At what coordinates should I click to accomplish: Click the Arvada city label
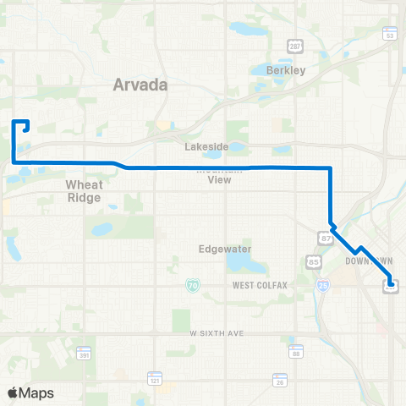point(140,85)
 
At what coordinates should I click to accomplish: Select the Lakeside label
point(207,146)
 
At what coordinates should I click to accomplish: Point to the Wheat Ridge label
point(84,189)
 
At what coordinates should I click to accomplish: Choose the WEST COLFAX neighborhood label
point(263,286)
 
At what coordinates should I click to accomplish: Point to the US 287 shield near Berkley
point(293,44)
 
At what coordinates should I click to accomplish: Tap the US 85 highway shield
point(314,262)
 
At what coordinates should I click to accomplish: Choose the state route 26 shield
point(279,382)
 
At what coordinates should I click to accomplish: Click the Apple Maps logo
point(30,392)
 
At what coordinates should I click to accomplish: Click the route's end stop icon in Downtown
point(391,286)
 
